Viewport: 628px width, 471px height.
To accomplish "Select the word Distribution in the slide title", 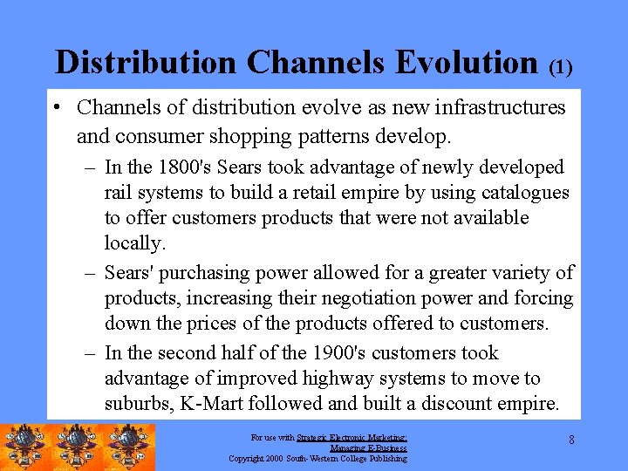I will (146, 62).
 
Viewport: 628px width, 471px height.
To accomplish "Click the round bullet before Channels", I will (55, 108).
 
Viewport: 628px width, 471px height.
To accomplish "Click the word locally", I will (133, 242).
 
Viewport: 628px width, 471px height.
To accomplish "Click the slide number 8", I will (571, 440).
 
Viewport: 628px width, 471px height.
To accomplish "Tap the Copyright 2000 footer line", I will (317, 458).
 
